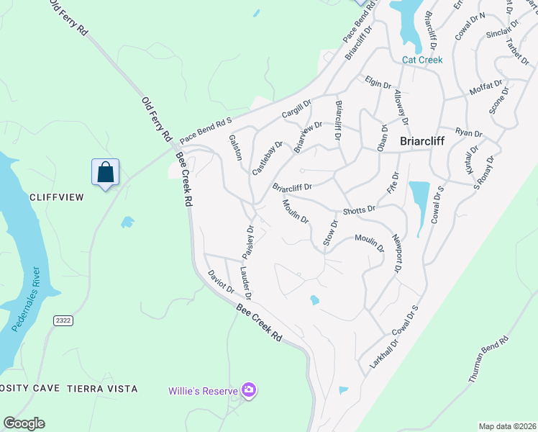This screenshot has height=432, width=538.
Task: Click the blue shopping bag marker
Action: point(105,172)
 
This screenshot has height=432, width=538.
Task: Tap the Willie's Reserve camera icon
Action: point(249,390)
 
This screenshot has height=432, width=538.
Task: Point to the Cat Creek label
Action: point(422,60)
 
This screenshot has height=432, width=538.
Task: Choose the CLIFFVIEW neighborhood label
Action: point(57,197)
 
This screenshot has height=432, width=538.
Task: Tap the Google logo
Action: point(24,423)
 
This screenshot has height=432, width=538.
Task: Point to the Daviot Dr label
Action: point(221,282)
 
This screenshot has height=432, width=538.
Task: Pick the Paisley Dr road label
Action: point(248,243)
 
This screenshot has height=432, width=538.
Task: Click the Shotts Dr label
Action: point(359,210)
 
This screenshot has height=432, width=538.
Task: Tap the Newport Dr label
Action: point(396,253)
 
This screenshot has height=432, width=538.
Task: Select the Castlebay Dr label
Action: point(263,158)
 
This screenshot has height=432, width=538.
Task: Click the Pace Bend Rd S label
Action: point(206,130)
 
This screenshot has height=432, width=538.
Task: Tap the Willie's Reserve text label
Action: point(203,391)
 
